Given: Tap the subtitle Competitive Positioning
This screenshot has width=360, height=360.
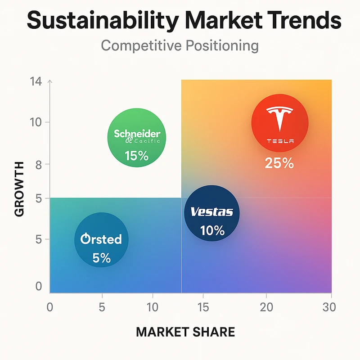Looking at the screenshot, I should point(180,45).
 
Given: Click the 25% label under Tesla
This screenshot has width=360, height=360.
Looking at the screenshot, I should point(279,163).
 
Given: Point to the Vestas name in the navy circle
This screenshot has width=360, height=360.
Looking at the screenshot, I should point(212,211).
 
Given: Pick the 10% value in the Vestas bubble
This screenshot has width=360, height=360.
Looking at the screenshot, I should point(212,230).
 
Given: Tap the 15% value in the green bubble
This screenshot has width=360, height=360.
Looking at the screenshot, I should point(137,156).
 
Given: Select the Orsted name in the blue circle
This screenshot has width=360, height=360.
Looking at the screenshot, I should point(101,238).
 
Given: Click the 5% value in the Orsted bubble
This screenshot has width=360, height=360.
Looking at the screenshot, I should point(102,258).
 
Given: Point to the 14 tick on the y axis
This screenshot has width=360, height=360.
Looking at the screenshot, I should point(36,81).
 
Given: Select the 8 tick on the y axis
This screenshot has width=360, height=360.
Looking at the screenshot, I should point(39,164).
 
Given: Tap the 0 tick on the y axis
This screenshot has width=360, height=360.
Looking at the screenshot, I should point(39,287).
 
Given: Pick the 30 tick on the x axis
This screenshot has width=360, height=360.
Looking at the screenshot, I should point(331,308).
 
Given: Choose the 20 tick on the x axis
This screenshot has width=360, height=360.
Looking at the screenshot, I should point(266,308).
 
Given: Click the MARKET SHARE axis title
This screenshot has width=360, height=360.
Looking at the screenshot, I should point(185,332).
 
